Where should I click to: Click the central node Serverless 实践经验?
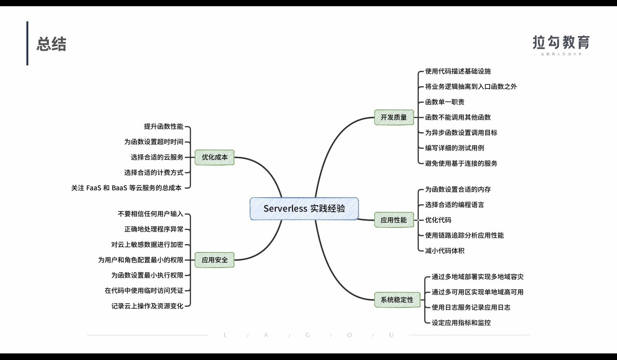pos(304,209)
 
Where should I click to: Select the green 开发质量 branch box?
pos(394,117)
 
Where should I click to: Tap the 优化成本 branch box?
pos(214,157)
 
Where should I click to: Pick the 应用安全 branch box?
pos(214,260)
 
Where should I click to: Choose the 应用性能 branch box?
pos(394,220)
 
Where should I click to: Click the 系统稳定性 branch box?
pos(397,300)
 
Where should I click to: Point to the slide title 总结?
pos(52,44)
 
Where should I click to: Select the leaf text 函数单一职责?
pos(444,102)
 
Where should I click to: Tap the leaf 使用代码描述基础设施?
pos(458,71)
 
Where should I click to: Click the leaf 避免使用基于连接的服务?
pos(461,163)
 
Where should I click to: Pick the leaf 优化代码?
pos(438,220)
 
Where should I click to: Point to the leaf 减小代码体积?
pos(444,251)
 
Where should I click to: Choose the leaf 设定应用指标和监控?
pos(461,323)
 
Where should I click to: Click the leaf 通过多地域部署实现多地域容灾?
pos(477,277)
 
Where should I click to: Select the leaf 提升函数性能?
pos(163,126)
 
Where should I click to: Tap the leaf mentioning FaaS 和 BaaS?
pos(126,188)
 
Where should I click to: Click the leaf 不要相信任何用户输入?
pos(150,214)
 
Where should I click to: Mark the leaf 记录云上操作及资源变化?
pos(147,306)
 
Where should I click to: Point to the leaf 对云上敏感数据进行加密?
pos(147,245)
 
